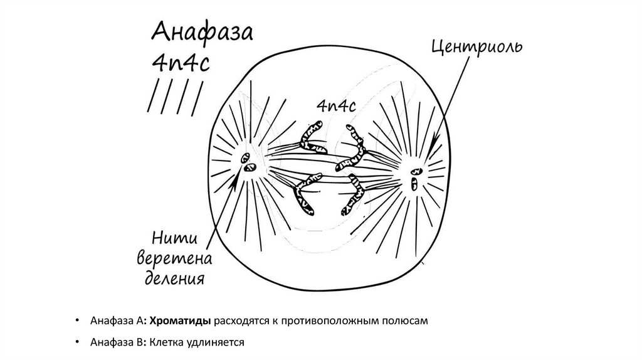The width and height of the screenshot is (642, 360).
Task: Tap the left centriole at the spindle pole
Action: (248, 166)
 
